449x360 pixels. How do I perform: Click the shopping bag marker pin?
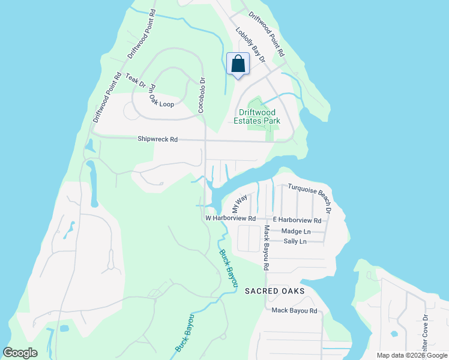point(238,64)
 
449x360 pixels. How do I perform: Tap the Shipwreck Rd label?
point(157,139)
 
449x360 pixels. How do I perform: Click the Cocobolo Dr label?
point(202,95)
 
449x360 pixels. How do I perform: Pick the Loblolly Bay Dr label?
point(250,46)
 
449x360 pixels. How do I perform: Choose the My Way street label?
point(240,204)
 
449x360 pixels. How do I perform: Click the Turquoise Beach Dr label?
point(310,197)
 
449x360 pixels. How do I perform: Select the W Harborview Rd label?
point(231,218)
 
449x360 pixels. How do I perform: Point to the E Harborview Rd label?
point(297,220)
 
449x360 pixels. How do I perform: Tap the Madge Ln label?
point(296,231)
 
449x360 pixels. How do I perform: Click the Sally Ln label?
point(295,241)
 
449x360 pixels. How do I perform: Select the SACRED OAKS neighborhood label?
point(274,290)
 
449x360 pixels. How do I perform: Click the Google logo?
point(20,353)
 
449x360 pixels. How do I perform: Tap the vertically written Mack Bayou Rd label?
point(265,247)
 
